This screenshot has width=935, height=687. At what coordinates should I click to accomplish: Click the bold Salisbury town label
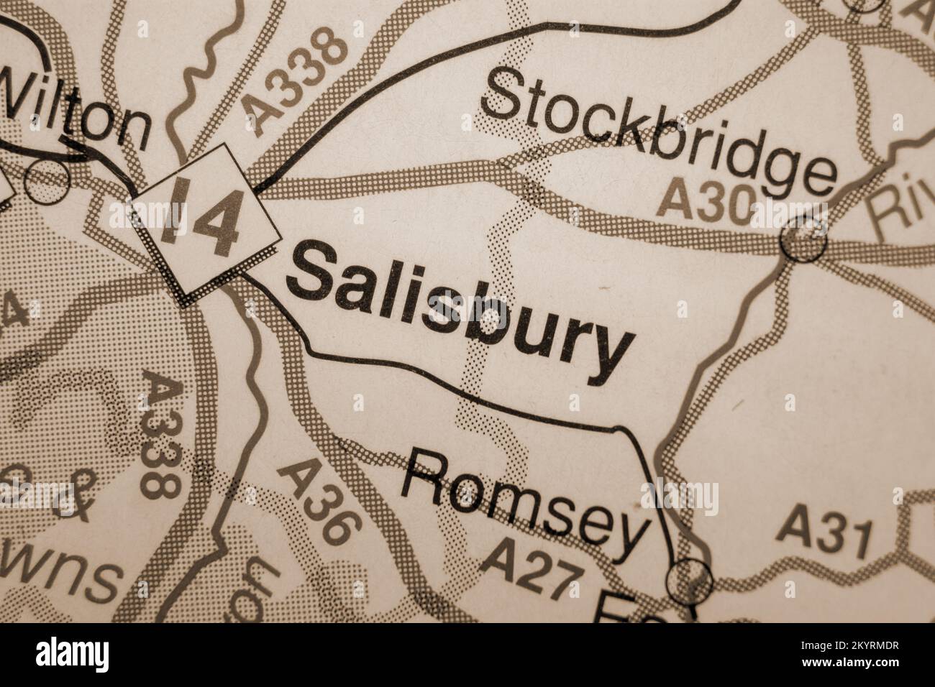pos(460,309)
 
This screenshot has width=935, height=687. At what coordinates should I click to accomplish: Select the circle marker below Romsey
pos(689,580)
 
